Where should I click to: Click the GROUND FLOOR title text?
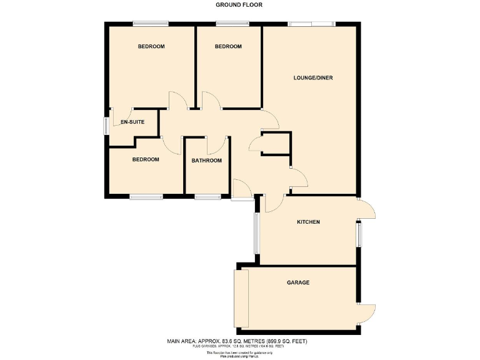[239, 5]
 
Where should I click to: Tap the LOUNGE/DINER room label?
[313, 78]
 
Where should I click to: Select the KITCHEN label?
[308, 222]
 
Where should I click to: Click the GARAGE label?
[298, 282]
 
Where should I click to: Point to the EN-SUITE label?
[133, 122]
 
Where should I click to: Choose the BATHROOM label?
[207, 161]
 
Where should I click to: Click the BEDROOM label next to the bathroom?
[146, 159]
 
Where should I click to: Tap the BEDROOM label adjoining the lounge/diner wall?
[228, 47]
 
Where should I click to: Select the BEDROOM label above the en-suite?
[151, 47]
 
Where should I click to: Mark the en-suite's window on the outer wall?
[106, 125]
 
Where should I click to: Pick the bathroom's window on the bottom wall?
[207, 197]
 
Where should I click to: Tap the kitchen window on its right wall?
[358, 235]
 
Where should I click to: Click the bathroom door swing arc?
[216, 146]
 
